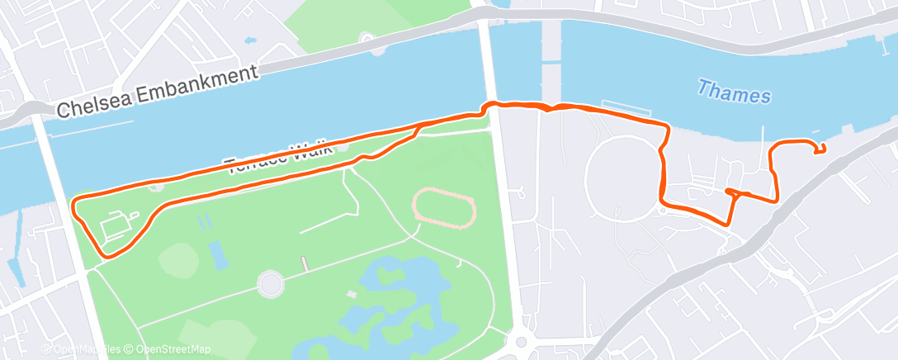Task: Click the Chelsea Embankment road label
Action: click(x=159, y=89)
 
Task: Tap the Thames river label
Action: click(x=734, y=92)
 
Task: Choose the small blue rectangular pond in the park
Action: click(x=219, y=254)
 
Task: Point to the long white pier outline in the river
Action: click(x=627, y=109)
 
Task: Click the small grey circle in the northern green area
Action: click(x=366, y=38)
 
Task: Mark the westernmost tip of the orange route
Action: click(x=74, y=201)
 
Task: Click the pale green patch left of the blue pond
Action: click(x=177, y=260)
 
